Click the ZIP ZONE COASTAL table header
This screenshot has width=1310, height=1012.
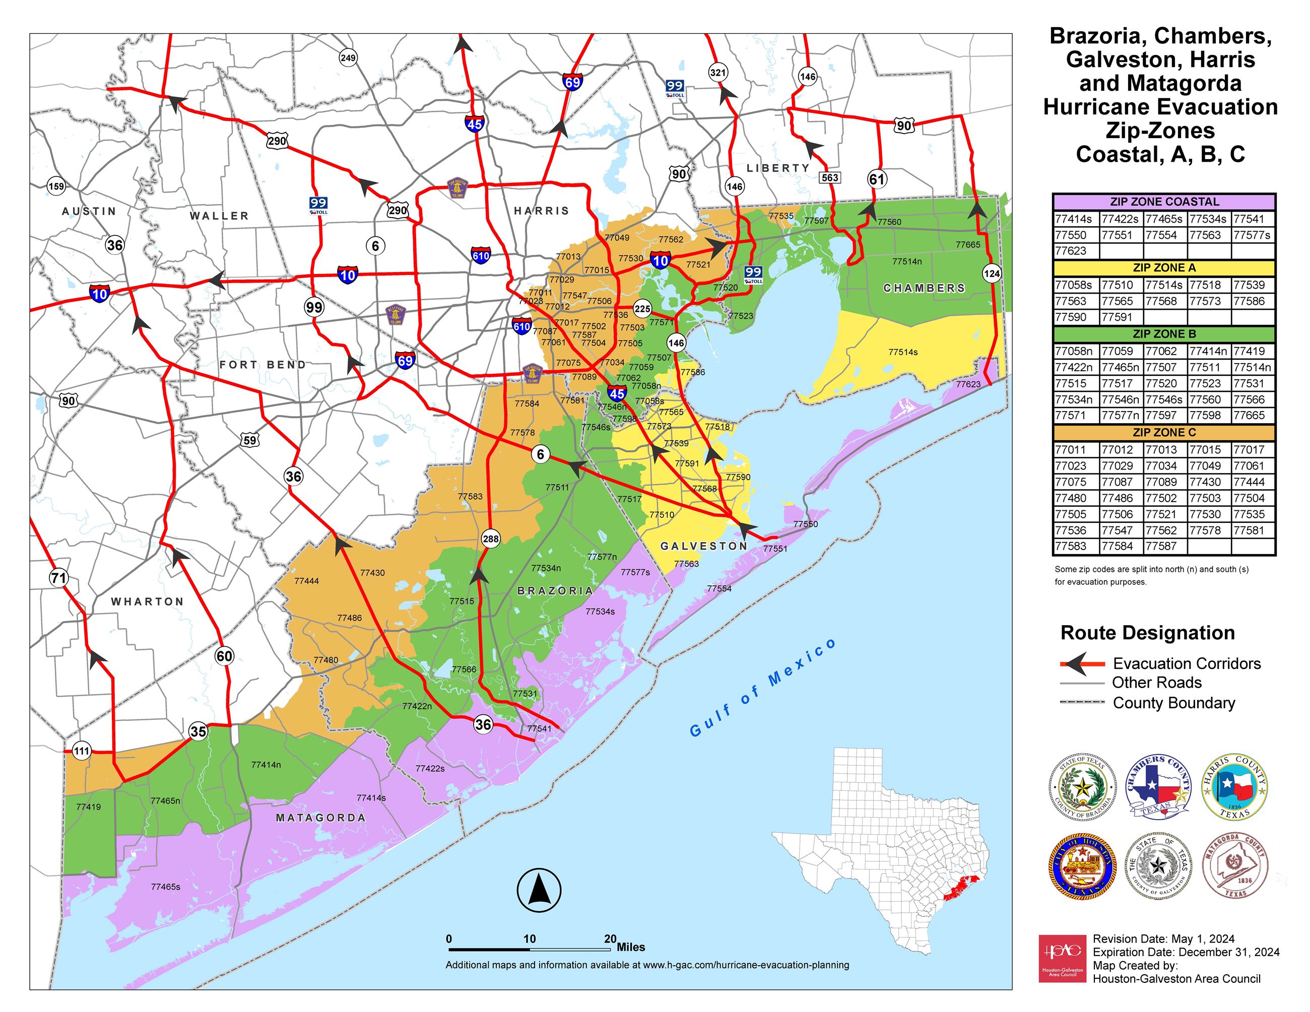(x=1164, y=202)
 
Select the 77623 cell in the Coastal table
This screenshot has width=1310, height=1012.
(x=1071, y=250)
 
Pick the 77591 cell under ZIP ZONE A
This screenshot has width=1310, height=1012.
(x=1117, y=316)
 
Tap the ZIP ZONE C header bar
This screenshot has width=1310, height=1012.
(x=1164, y=432)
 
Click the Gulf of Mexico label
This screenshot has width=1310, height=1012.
(x=762, y=688)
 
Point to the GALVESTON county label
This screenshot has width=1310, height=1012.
(x=703, y=546)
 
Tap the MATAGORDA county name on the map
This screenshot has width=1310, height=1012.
(x=320, y=818)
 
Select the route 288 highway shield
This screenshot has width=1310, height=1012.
(x=491, y=538)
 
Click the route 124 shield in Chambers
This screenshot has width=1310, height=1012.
(x=992, y=274)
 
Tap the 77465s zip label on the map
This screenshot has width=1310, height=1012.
(x=166, y=887)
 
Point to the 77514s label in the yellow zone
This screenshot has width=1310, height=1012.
(x=903, y=352)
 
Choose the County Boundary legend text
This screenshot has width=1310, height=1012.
(x=1173, y=703)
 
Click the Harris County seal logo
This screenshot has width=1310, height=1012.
(x=1234, y=786)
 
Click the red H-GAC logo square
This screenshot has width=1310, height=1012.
(x=1062, y=958)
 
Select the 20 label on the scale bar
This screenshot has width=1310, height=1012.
(x=610, y=939)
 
